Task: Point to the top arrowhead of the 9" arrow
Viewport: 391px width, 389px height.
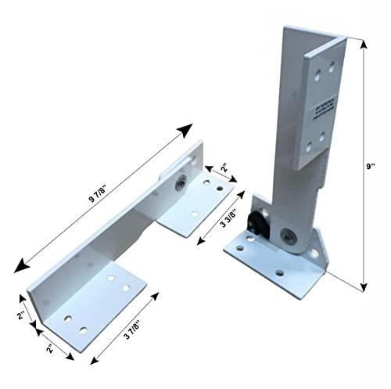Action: point(362,45)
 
